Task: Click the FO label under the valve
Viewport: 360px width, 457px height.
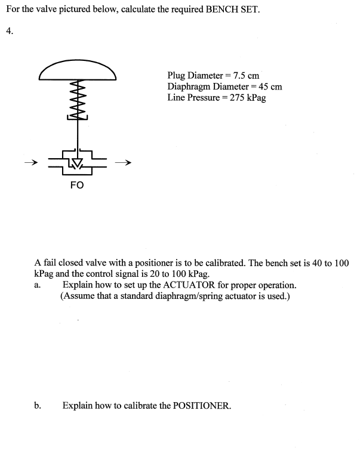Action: click(76, 186)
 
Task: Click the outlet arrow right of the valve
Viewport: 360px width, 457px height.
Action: click(123, 162)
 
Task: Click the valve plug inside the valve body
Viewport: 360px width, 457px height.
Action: click(76, 162)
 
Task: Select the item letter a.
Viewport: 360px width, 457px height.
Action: click(37, 285)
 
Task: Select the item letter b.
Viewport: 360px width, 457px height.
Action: click(38, 406)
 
